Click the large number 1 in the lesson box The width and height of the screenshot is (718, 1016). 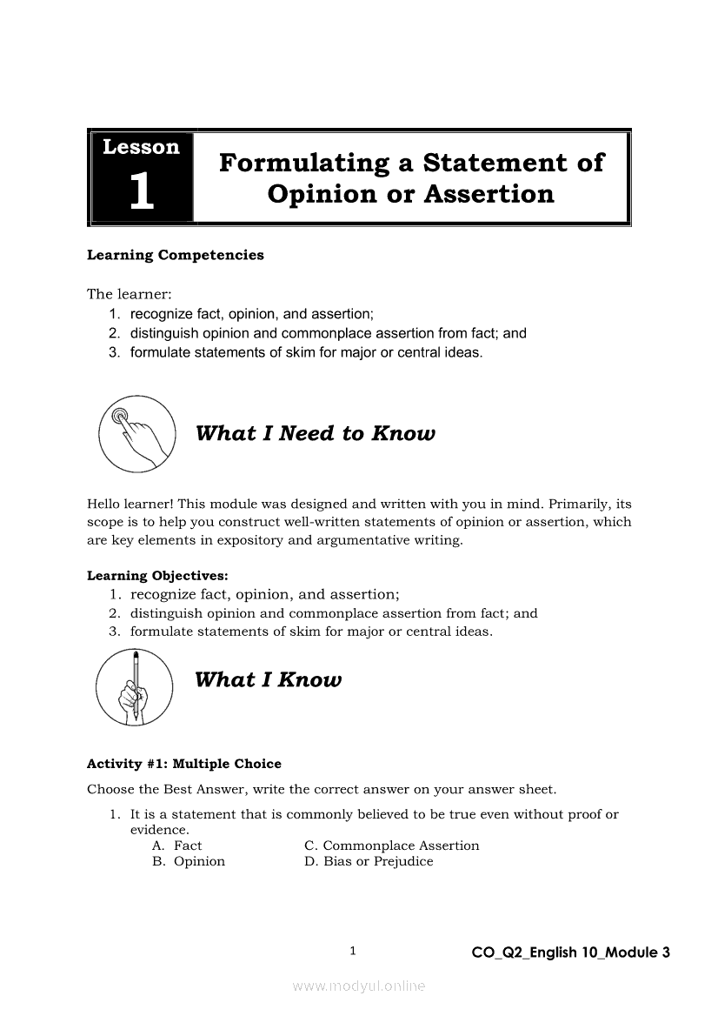141,190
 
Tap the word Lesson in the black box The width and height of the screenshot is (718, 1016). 141,147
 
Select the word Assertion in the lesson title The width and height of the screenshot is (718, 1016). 489,193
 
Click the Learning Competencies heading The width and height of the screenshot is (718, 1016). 175,256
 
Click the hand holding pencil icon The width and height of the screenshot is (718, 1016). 135,687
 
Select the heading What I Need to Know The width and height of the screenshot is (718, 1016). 315,433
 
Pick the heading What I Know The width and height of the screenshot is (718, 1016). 268,680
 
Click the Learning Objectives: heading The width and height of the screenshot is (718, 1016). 158,576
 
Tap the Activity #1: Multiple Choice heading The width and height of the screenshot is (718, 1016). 184,764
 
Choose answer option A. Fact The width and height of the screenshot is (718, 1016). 177,846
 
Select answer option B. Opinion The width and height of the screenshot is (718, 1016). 189,861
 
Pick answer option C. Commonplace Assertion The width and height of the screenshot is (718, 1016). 391,846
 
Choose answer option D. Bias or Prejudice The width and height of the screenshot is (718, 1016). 369,861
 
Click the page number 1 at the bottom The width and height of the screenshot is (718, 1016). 353,951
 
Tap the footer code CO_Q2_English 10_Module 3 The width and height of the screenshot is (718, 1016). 570,952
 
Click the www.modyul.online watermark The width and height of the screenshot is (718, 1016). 359,986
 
